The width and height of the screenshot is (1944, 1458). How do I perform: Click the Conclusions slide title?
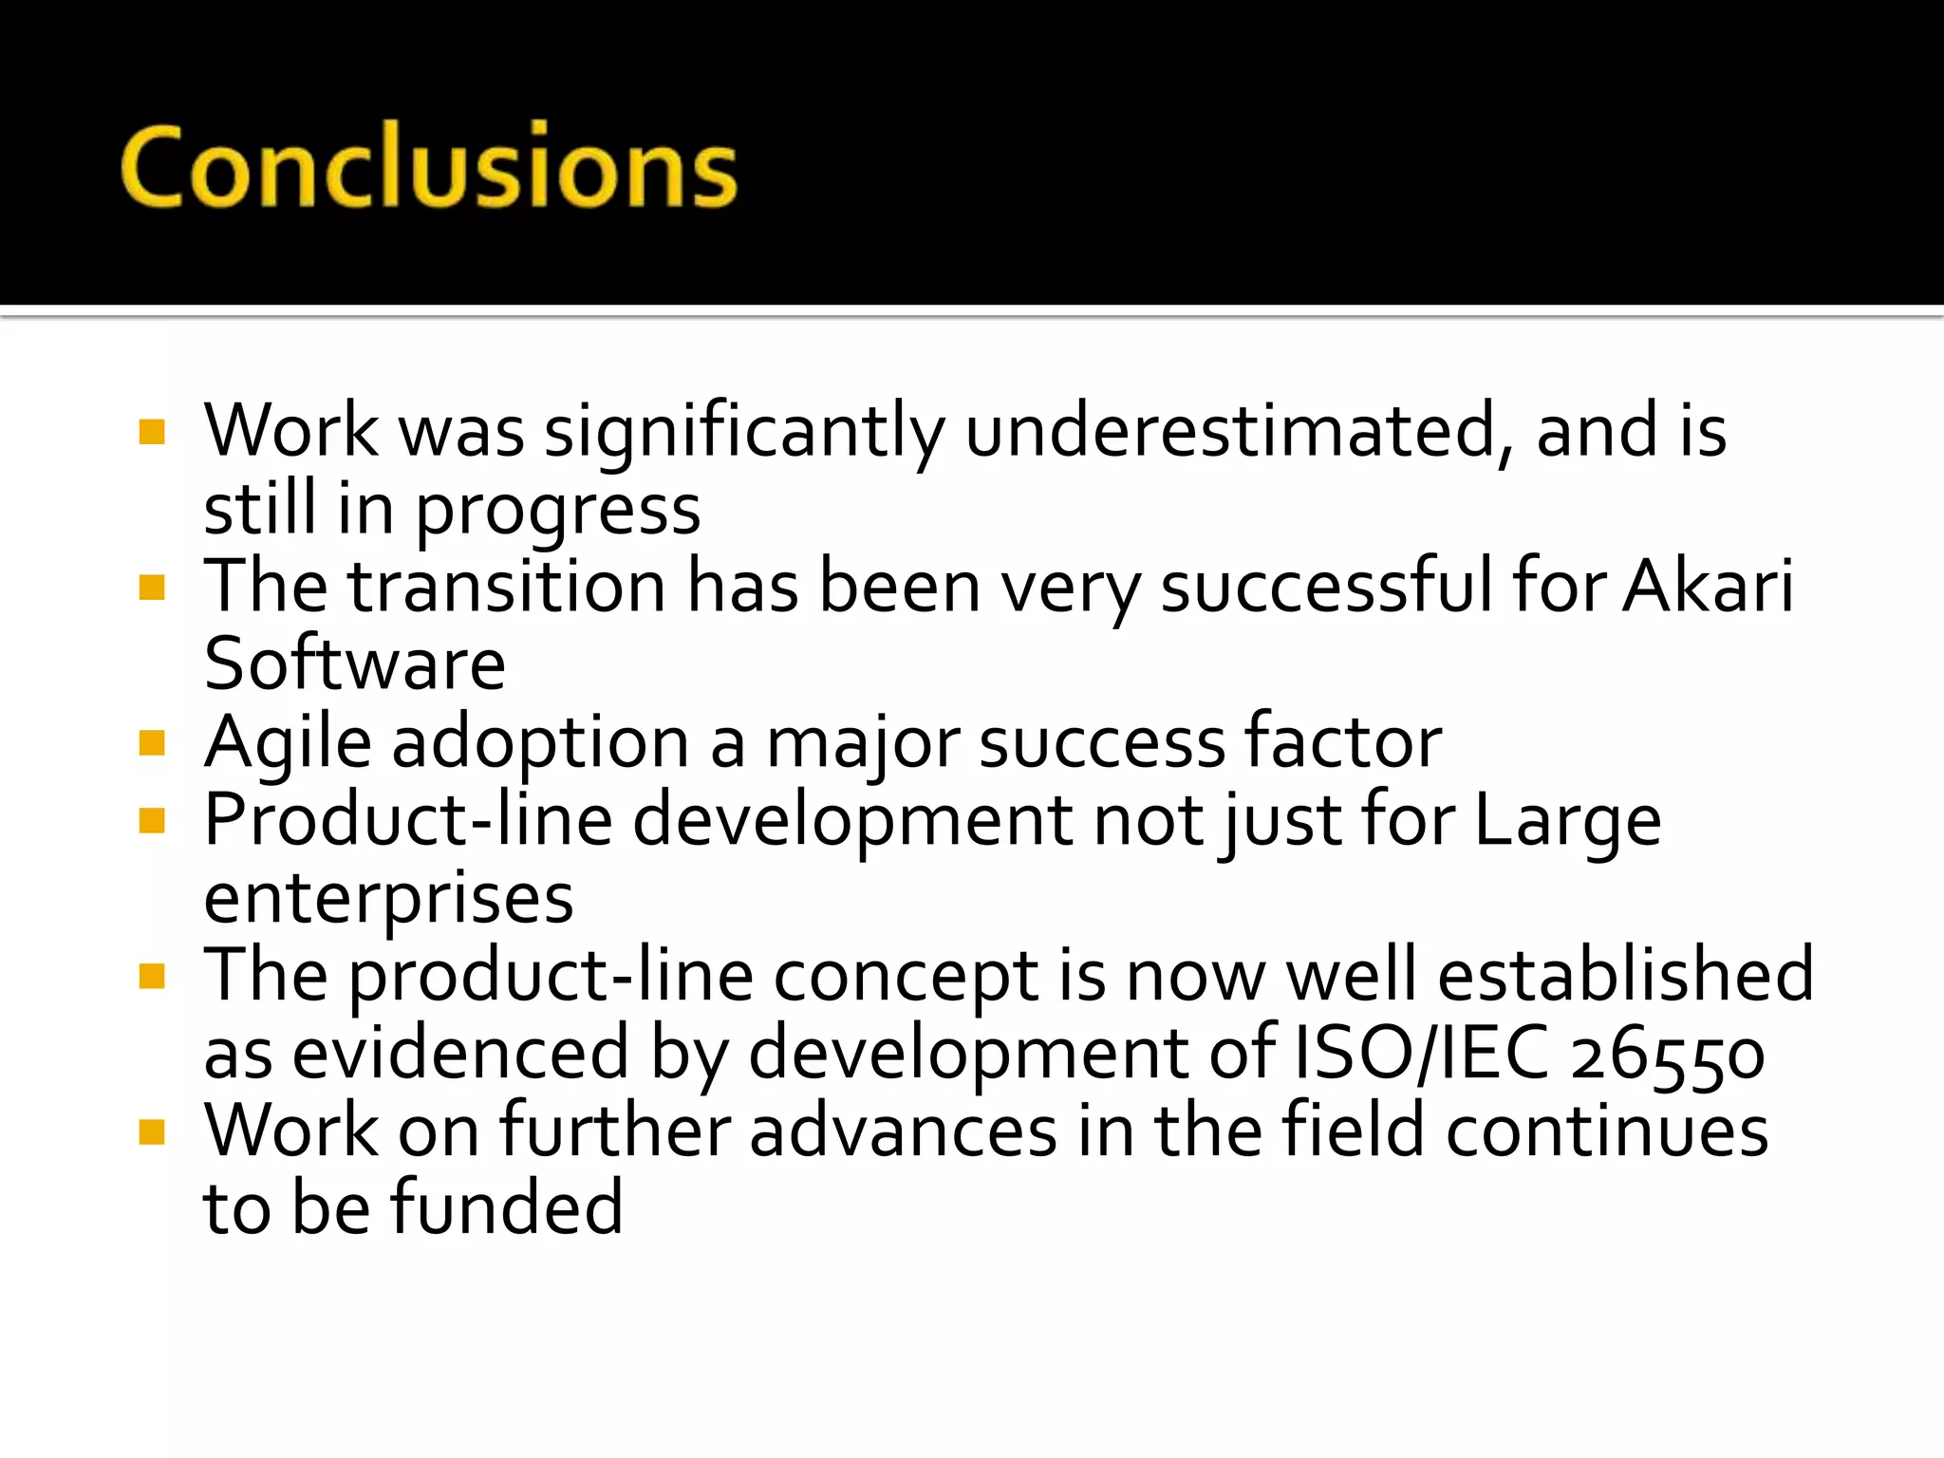(x=429, y=167)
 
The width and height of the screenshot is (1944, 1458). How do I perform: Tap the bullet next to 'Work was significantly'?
(x=152, y=432)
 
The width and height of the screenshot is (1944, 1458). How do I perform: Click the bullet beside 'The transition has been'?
(x=152, y=588)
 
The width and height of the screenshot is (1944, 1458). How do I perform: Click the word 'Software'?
(x=355, y=664)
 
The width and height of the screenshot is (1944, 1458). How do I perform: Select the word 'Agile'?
(x=288, y=743)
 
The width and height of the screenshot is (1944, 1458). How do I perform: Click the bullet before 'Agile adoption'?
(x=152, y=742)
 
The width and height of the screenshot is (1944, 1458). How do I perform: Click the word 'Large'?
(x=1567, y=821)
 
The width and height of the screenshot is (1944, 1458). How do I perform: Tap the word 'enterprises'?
(x=388, y=899)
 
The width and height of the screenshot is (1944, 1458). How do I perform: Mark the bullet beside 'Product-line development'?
(x=152, y=820)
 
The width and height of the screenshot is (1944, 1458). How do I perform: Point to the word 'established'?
(x=1625, y=975)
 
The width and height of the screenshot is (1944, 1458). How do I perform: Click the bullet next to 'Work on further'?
(x=152, y=1131)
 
